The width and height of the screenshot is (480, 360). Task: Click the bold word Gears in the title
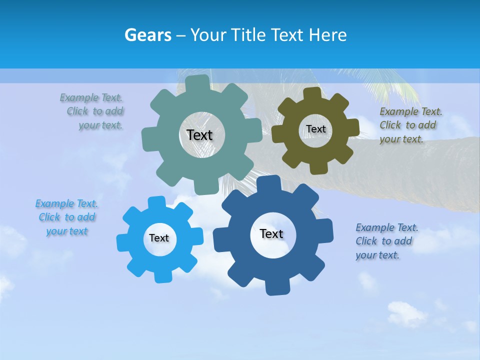tap(148, 35)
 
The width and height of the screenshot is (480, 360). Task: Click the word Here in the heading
tap(327, 35)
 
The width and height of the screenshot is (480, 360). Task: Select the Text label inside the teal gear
tap(199, 135)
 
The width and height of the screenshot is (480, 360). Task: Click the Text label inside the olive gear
tap(315, 129)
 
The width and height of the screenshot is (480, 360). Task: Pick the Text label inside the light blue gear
tap(159, 238)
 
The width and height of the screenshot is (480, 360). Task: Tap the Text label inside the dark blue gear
tap(271, 233)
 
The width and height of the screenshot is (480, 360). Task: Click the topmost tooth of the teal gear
tap(197, 83)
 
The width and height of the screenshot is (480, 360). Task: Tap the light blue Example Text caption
tap(67, 217)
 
